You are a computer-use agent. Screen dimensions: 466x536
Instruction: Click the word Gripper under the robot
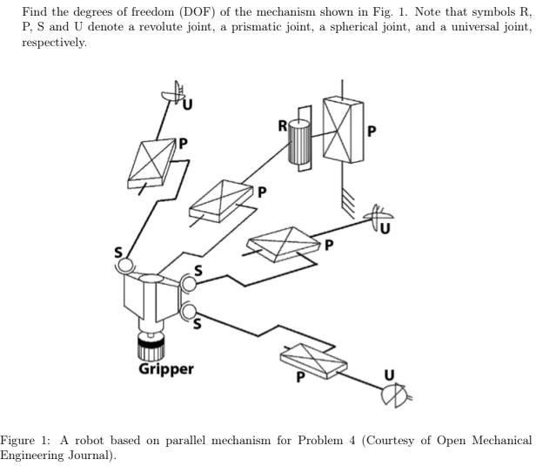167,369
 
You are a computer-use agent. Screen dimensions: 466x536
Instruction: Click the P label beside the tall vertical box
372,132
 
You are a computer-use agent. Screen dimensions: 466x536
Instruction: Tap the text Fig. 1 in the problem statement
382,10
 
